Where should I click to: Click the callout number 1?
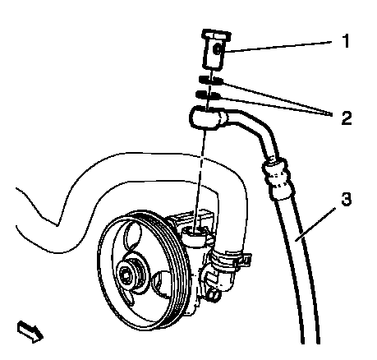(347, 40)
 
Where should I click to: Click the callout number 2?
(347, 118)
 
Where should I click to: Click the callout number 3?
(347, 199)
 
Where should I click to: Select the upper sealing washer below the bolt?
(211, 80)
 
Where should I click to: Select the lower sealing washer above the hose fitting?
(208, 95)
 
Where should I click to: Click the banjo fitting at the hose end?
(208, 118)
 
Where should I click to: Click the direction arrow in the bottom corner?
(30, 331)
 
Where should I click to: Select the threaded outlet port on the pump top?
(194, 234)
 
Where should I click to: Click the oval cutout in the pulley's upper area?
(133, 235)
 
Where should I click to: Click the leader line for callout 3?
(315, 224)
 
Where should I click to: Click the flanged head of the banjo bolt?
(217, 35)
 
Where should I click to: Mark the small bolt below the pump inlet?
(214, 295)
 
